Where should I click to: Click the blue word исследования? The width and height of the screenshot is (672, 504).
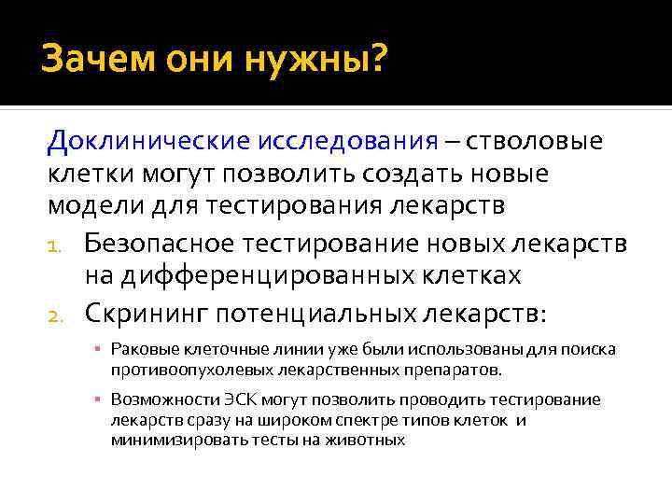click(x=343, y=142)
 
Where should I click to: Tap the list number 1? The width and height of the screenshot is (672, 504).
click(x=55, y=245)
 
